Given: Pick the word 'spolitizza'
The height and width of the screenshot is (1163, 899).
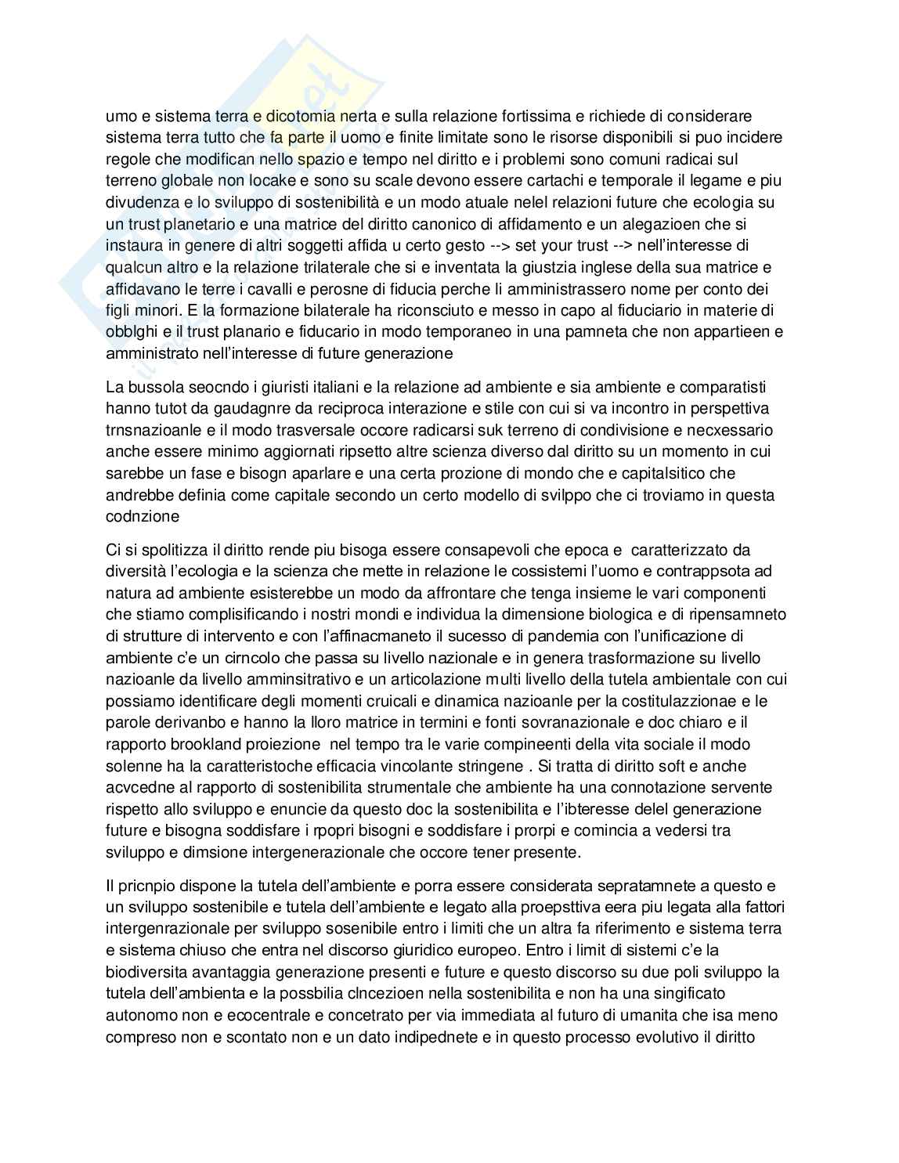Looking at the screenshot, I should (x=172, y=550).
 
